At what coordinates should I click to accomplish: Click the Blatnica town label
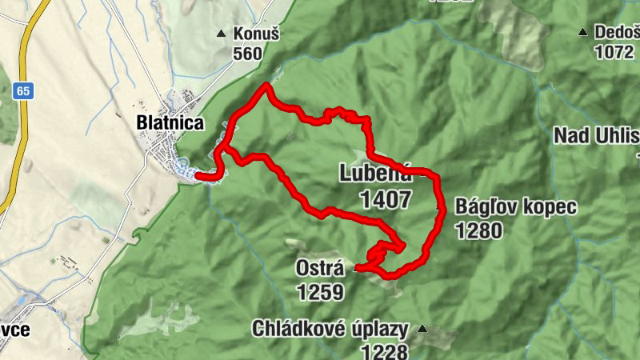pos(170,123)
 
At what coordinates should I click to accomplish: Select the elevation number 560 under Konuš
pos(247,54)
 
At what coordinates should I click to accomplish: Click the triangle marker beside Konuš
pos(222,34)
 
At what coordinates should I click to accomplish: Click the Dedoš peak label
pos(616,33)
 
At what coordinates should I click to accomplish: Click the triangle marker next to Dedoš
pos(583,33)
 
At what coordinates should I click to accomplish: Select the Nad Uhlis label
pos(596,135)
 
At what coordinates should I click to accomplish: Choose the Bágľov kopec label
pos(515,207)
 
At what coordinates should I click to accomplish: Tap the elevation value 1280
pos(479,230)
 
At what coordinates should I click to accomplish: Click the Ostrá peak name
pos(319,270)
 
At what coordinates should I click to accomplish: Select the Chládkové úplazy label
pos(330,329)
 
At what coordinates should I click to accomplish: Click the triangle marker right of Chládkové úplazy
pos(422,329)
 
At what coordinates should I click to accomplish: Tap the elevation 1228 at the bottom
pos(385,351)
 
